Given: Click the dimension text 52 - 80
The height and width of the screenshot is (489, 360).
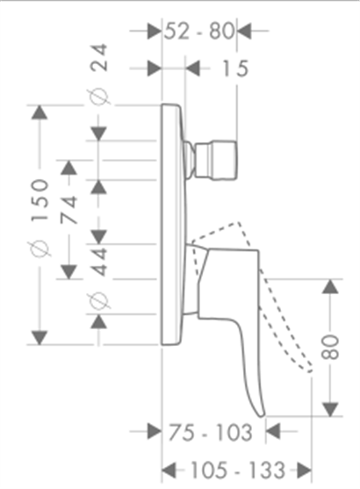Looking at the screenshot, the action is pyautogui.click(x=199, y=31).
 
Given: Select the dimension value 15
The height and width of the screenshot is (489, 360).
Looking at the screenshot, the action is pyautogui.click(x=235, y=68).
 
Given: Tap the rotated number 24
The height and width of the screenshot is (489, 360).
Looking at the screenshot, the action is pyautogui.click(x=98, y=58).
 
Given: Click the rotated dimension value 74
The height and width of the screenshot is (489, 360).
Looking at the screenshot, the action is pyautogui.click(x=68, y=210).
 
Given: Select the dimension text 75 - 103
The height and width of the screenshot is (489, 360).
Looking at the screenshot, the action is pyautogui.click(x=210, y=433).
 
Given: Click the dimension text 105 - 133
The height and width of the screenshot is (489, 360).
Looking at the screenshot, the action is pyautogui.click(x=238, y=470).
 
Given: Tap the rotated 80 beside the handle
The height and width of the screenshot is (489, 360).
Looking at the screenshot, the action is pyautogui.click(x=330, y=348).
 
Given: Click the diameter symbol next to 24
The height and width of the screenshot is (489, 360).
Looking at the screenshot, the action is pyautogui.click(x=99, y=97).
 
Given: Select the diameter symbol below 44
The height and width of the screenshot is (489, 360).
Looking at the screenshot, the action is pyautogui.click(x=99, y=301).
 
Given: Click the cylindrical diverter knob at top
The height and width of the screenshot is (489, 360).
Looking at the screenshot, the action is pyautogui.click(x=215, y=161).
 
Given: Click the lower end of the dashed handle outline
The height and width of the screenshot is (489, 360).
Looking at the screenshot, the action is pyautogui.click(x=309, y=370).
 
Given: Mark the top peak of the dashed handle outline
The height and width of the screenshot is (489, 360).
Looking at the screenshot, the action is pyautogui.click(x=239, y=222).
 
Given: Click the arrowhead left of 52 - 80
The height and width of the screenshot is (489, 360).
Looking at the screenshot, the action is pyautogui.click(x=155, y=31).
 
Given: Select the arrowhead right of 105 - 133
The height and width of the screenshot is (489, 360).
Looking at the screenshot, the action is pyautogui.click(x=305, y=471).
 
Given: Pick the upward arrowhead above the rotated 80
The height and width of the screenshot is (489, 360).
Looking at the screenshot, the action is pyautogui.click(x=330, y=286).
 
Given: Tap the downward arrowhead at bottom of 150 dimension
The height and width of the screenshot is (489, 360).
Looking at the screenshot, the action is pyautogui.click(x=39, y=338).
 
